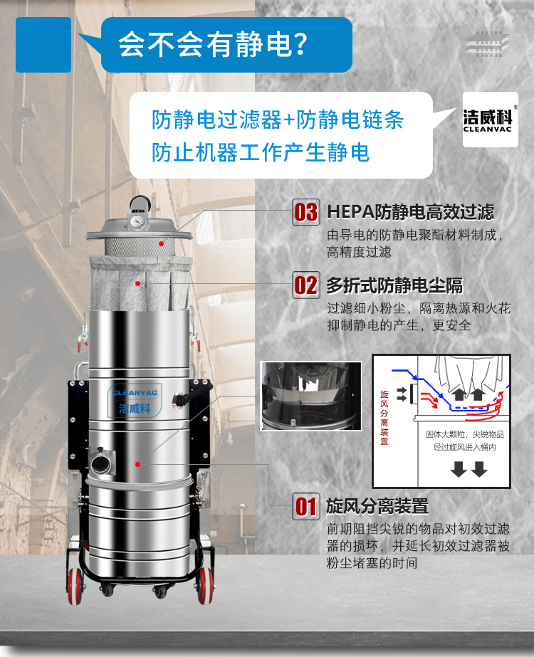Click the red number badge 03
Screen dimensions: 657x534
click(306, 212)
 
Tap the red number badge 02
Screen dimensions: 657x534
click(306, 285)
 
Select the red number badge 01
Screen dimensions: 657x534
click(306, 507)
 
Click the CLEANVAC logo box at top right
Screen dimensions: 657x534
click(491, 119)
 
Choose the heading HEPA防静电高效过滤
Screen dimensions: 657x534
click(409, 212)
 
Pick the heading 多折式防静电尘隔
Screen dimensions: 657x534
click(394, 285)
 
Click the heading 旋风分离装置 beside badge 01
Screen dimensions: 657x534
click(377, 506)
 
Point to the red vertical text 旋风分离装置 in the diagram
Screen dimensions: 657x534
click(384, 417)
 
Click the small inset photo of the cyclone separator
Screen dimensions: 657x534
click(310, 396)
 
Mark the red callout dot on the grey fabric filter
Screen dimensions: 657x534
click(137, 283)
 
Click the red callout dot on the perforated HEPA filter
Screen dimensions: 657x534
click(162, 243)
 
